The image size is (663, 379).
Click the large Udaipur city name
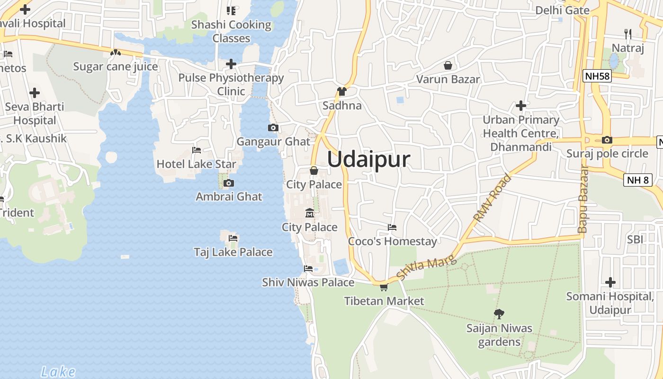[x=368, y=159]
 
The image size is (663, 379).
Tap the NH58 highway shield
[x=597, y=76]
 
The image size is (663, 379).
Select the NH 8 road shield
[x=638, y=180]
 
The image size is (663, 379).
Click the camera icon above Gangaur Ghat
[x=273, y=127]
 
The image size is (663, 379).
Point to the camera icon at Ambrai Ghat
[x=229, y=183]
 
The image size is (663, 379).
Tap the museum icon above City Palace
[x=310, y=213]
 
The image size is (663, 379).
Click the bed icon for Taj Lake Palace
[x=233, y=238]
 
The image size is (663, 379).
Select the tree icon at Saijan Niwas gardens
[x=499, y=313]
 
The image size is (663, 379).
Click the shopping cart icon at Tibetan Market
[x=384, y=287]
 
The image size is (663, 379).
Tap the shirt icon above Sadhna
[x=342, y=91]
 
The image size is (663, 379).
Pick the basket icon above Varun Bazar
[x=448, y=65]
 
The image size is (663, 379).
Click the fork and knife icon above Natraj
[x=628, y=34]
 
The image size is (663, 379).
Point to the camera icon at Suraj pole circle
[x=607, y=140]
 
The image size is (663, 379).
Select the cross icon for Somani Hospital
[x=610, y=283]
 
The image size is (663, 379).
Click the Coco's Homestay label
[x=392, y=242]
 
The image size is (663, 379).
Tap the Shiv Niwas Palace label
[x=308, y=282]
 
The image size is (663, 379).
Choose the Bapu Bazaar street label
[x=583, y=199]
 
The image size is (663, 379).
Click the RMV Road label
[x=493, y=198]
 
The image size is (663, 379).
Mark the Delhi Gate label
[x=562, y=10]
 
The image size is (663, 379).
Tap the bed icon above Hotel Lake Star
[x=197, y=150]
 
